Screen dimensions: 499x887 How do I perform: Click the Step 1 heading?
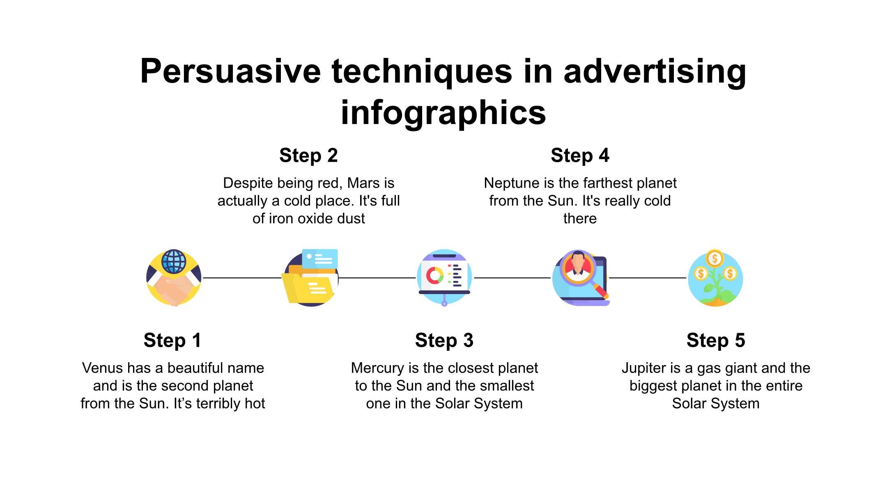coord(172,340)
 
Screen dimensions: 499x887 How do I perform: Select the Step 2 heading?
coord(308,156)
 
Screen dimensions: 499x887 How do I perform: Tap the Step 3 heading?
coord(444,340)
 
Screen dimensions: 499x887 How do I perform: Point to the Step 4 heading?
coord(580,156)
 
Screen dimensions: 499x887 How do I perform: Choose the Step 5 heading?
coord(715,340)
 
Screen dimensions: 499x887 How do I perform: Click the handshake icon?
coord(174,287)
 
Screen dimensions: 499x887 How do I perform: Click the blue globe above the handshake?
coord(174,261)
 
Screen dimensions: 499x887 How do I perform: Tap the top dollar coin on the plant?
coord(715,258)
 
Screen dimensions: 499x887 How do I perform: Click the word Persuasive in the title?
coord(230,71)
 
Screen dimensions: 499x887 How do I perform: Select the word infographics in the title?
coord(443,113)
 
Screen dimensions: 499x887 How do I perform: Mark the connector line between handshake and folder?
coord(242,278)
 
